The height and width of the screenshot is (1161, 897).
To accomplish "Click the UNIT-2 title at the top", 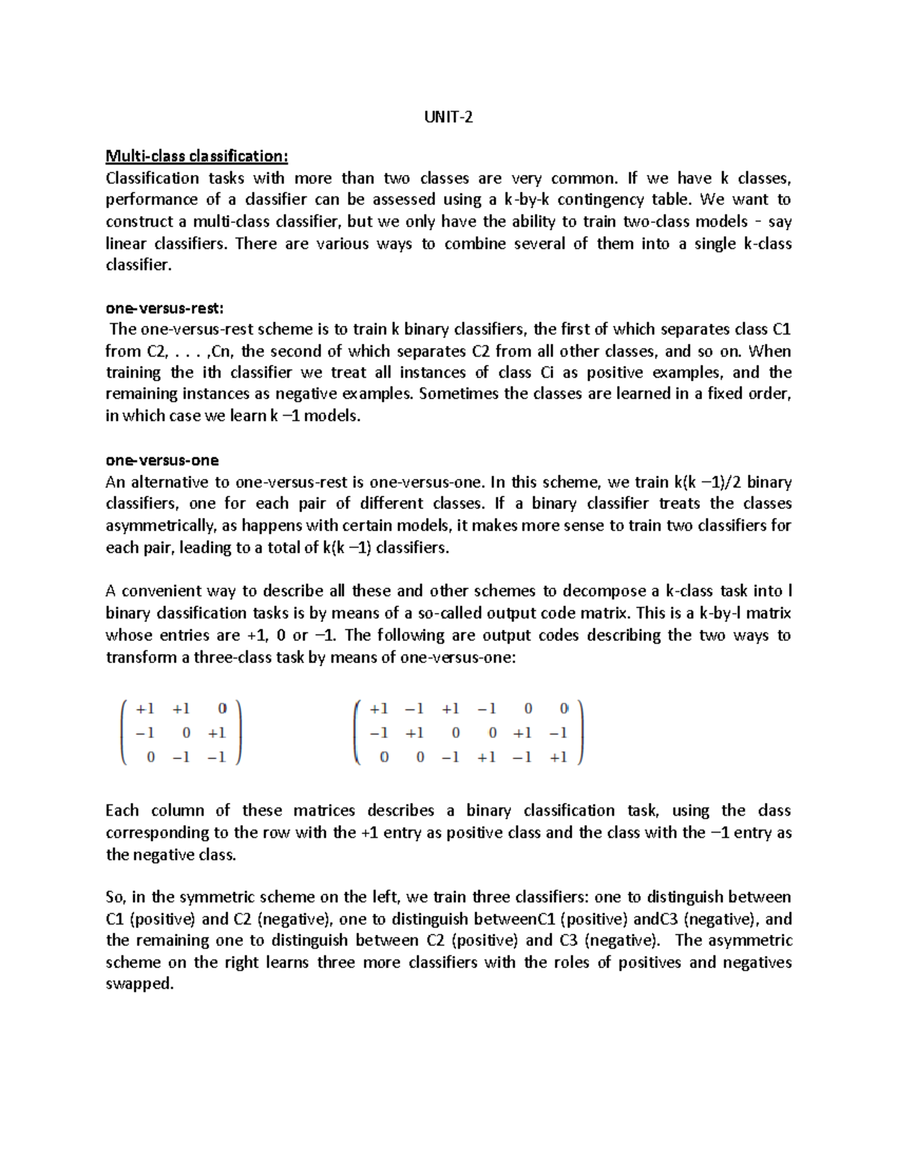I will (x=449, y=117).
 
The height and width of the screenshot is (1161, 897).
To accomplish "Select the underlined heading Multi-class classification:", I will (x=196, y=156).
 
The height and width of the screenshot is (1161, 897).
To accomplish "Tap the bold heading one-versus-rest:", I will (x=164, y=308).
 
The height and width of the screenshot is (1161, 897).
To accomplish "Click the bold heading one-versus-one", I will (x=162, y=461).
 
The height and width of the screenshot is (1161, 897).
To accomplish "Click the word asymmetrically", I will (x=158, y=526).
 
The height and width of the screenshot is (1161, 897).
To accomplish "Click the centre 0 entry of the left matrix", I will (x=186, y=733).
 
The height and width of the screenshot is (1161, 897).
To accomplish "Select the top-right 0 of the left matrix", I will (x=221, y=708).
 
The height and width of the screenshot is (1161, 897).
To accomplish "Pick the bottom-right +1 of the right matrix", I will (x=558, y=757).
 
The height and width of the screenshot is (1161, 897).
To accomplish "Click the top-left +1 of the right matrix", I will (x=379, y=709).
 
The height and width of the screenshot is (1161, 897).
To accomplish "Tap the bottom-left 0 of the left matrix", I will (x=151, y=757).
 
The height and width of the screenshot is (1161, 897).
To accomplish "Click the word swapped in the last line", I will (x=139, y=985).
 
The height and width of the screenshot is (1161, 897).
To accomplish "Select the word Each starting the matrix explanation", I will (x=122, y=811).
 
